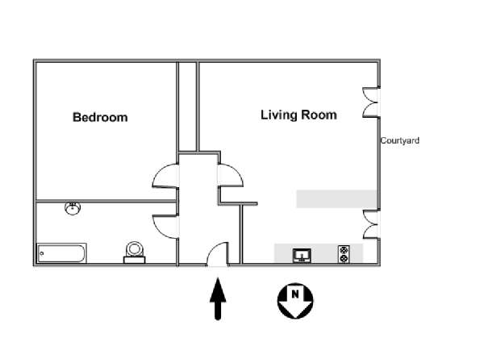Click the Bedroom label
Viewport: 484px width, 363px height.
100,117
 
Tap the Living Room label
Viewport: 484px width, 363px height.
298,115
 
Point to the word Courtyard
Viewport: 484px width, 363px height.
400,140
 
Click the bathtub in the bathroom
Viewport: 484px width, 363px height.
61,253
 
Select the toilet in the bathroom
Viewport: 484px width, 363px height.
135,252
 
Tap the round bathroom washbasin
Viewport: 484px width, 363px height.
73,208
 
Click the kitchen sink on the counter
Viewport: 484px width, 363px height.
302,255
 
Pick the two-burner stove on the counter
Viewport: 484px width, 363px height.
344,254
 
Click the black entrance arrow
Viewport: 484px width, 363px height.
218,298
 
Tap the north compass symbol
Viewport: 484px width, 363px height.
295,301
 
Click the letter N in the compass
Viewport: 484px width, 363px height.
295,294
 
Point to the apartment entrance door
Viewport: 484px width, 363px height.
218,254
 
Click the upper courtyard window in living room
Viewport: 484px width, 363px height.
371,102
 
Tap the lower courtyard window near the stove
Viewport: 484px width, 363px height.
371,224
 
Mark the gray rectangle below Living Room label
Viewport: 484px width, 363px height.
336,199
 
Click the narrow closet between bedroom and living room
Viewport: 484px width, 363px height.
188,106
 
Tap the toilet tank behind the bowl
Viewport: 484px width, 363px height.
135,261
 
